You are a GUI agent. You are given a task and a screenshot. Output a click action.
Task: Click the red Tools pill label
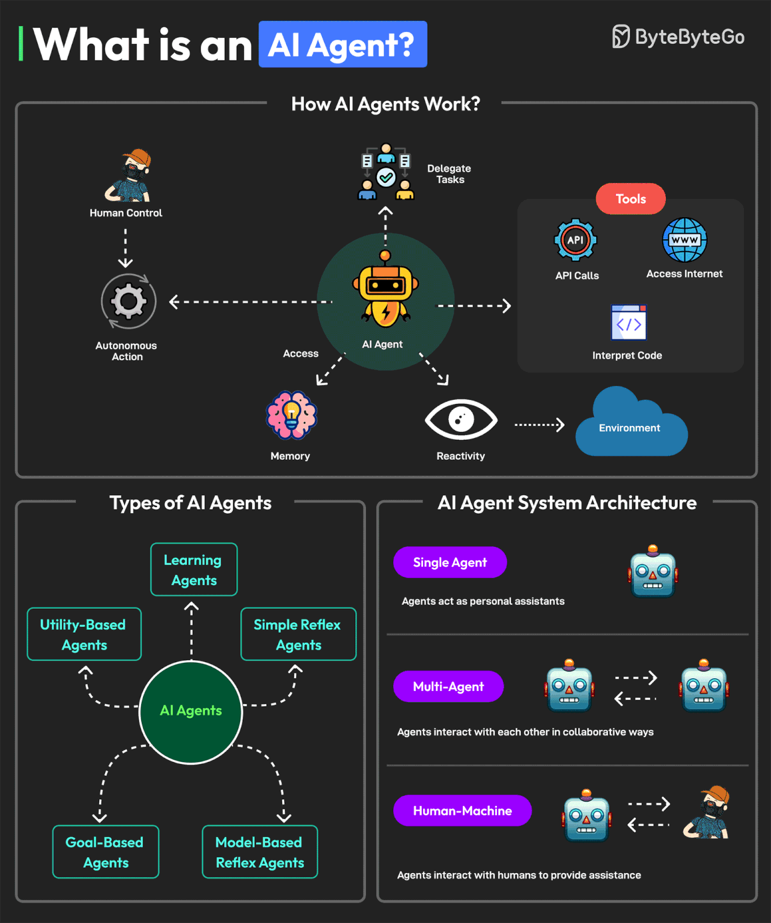[x=630, y=199]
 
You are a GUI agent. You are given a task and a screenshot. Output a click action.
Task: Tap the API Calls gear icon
[x=575, y=240]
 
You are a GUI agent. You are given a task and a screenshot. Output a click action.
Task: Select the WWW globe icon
[x=684, y=240]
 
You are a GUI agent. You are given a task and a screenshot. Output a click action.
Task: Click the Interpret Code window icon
[x=629, y=323]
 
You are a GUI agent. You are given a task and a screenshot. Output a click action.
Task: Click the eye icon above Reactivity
[x=461, y=419]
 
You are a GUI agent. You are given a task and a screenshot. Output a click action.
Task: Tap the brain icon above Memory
[x=291, y=415]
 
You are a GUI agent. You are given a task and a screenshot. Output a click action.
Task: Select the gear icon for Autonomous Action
[x=129, y=301]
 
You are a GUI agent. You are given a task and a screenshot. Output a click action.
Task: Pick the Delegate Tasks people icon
[x=386, y=172]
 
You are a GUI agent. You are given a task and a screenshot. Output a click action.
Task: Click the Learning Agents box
[x=194, y=570]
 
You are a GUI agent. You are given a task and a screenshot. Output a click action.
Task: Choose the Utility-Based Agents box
[x=84, y=635]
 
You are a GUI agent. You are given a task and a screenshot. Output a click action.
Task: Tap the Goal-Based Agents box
[x=106, y=852]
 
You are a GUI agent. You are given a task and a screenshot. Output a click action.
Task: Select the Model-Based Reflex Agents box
[x=260, y=852]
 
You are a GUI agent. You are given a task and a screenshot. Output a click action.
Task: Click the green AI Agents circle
[x=191, y=712]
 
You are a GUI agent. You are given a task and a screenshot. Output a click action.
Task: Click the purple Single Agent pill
[x=449, y=562]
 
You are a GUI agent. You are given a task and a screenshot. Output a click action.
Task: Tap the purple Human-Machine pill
[x=462, y=811]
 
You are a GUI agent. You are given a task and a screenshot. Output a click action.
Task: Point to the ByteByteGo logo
[x=678, y=37]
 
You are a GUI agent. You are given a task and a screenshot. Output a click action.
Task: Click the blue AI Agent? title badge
[x=343, y=44]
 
